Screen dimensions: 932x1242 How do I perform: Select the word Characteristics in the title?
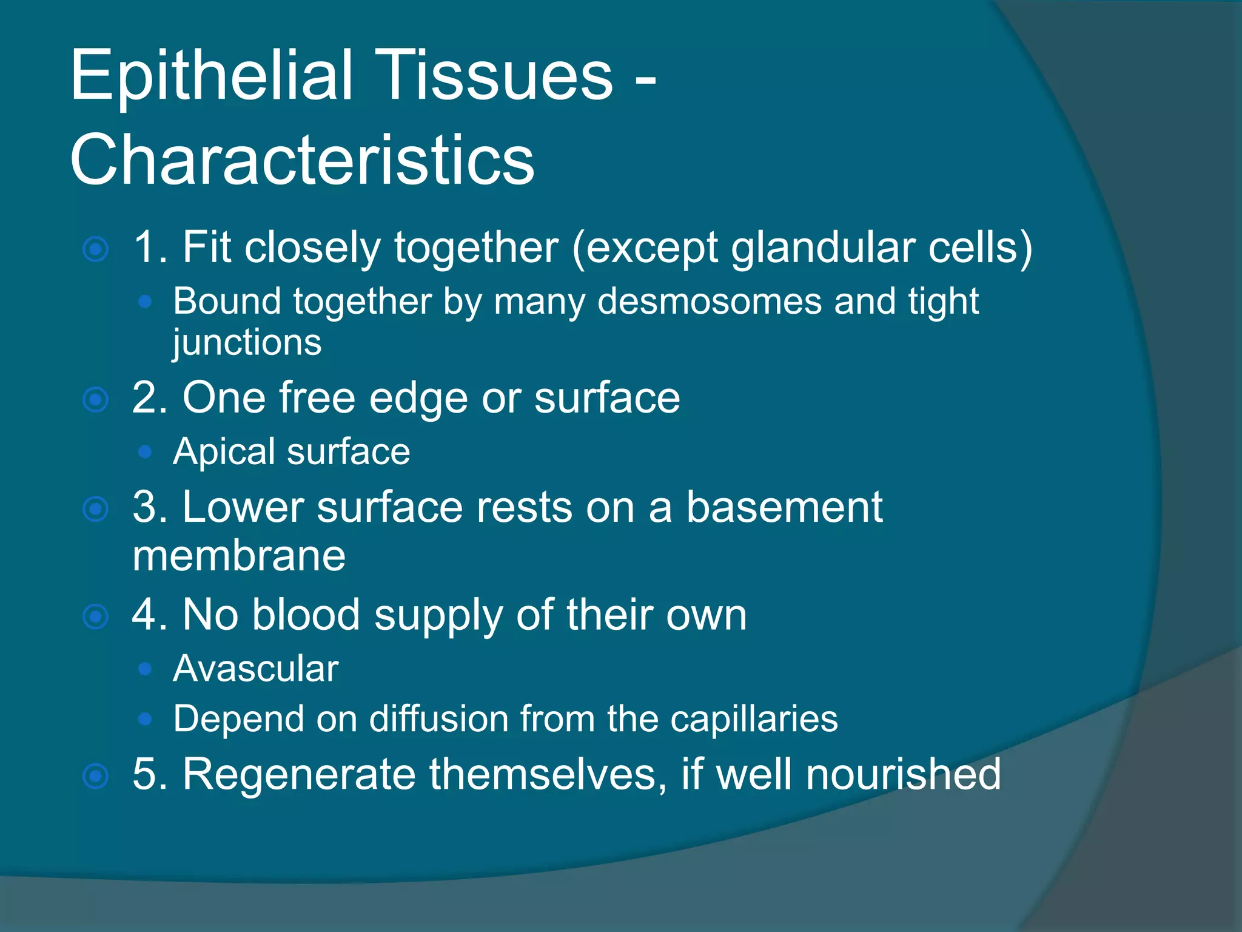302,160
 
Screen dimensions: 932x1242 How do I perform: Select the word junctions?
247,343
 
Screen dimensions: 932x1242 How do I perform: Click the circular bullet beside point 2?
96,400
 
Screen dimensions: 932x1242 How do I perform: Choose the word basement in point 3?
784,507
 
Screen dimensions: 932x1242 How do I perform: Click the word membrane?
239,556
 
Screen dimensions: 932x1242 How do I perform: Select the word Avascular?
255,669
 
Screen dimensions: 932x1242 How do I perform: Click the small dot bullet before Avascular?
144,669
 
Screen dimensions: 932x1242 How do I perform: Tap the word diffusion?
439,719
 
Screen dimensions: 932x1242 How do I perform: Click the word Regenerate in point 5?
299,775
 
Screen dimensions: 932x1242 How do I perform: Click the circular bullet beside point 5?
96,777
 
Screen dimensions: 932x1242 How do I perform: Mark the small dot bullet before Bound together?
144,302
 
